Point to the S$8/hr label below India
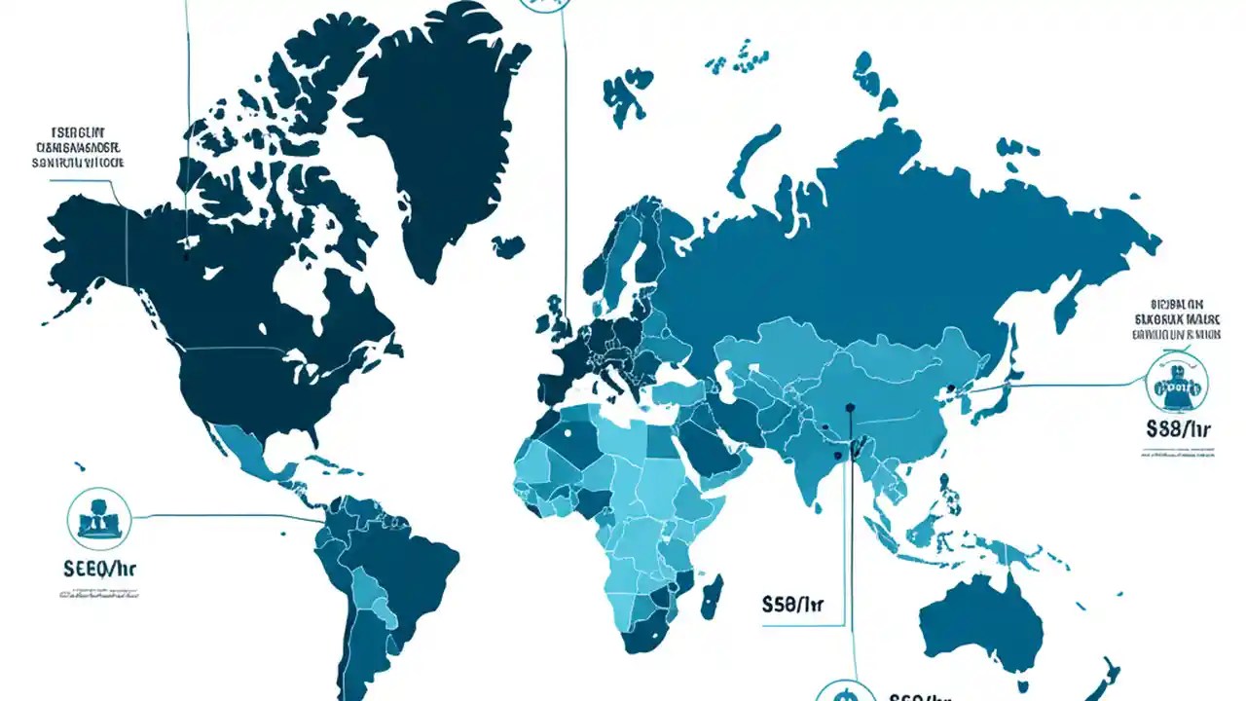coord(793,605)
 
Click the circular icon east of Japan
coord(1176,383)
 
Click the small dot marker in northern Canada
coord(186,258)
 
